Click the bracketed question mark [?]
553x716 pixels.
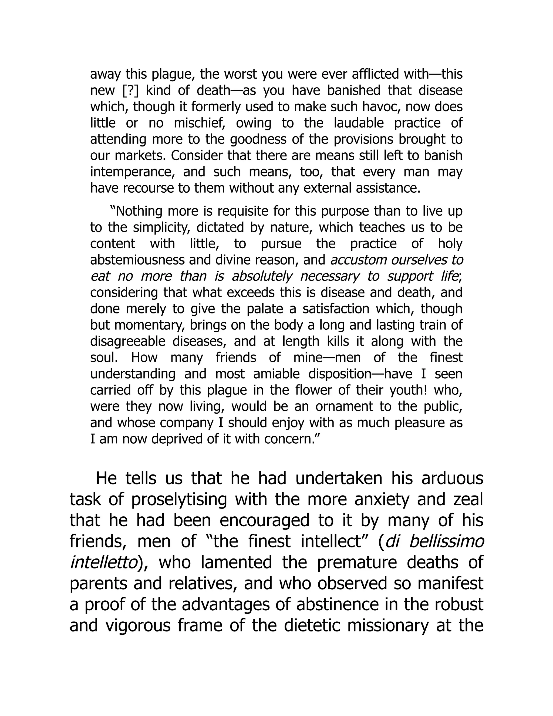coord(130,91)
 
